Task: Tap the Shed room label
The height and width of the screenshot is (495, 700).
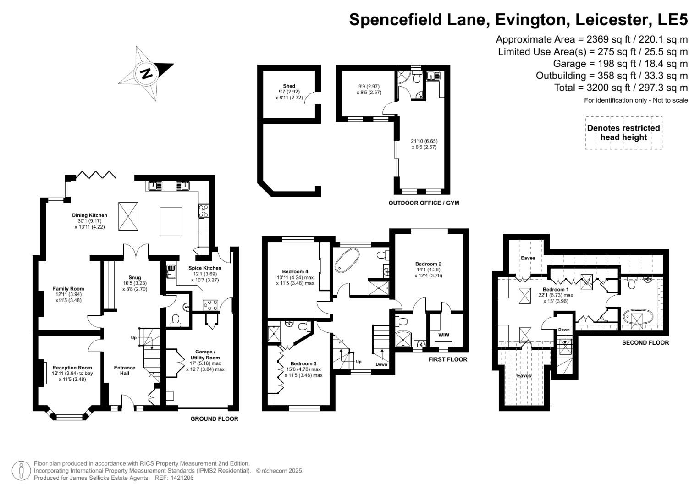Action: point(289,86)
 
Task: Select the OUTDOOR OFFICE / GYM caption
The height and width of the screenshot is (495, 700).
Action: point(423,203)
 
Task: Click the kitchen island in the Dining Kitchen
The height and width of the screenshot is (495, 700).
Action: point(171,221)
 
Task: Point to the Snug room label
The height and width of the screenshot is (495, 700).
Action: point(134,277)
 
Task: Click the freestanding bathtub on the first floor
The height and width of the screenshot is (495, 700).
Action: point(348,261)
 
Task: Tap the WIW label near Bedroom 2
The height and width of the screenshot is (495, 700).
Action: point(443,335)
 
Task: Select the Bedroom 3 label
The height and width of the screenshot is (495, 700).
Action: point(303,363)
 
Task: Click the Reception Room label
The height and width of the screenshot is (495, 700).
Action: point(72,368)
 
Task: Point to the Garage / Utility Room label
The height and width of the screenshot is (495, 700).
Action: point(204,355)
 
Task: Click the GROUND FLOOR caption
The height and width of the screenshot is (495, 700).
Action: point(214,419)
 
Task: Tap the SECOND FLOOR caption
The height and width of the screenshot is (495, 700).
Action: point(645,343)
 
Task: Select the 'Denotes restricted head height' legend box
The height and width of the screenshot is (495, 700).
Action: point(623,133)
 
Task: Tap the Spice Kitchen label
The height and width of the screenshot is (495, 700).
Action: point(204,268)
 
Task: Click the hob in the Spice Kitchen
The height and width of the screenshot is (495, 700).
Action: point(211,305)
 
